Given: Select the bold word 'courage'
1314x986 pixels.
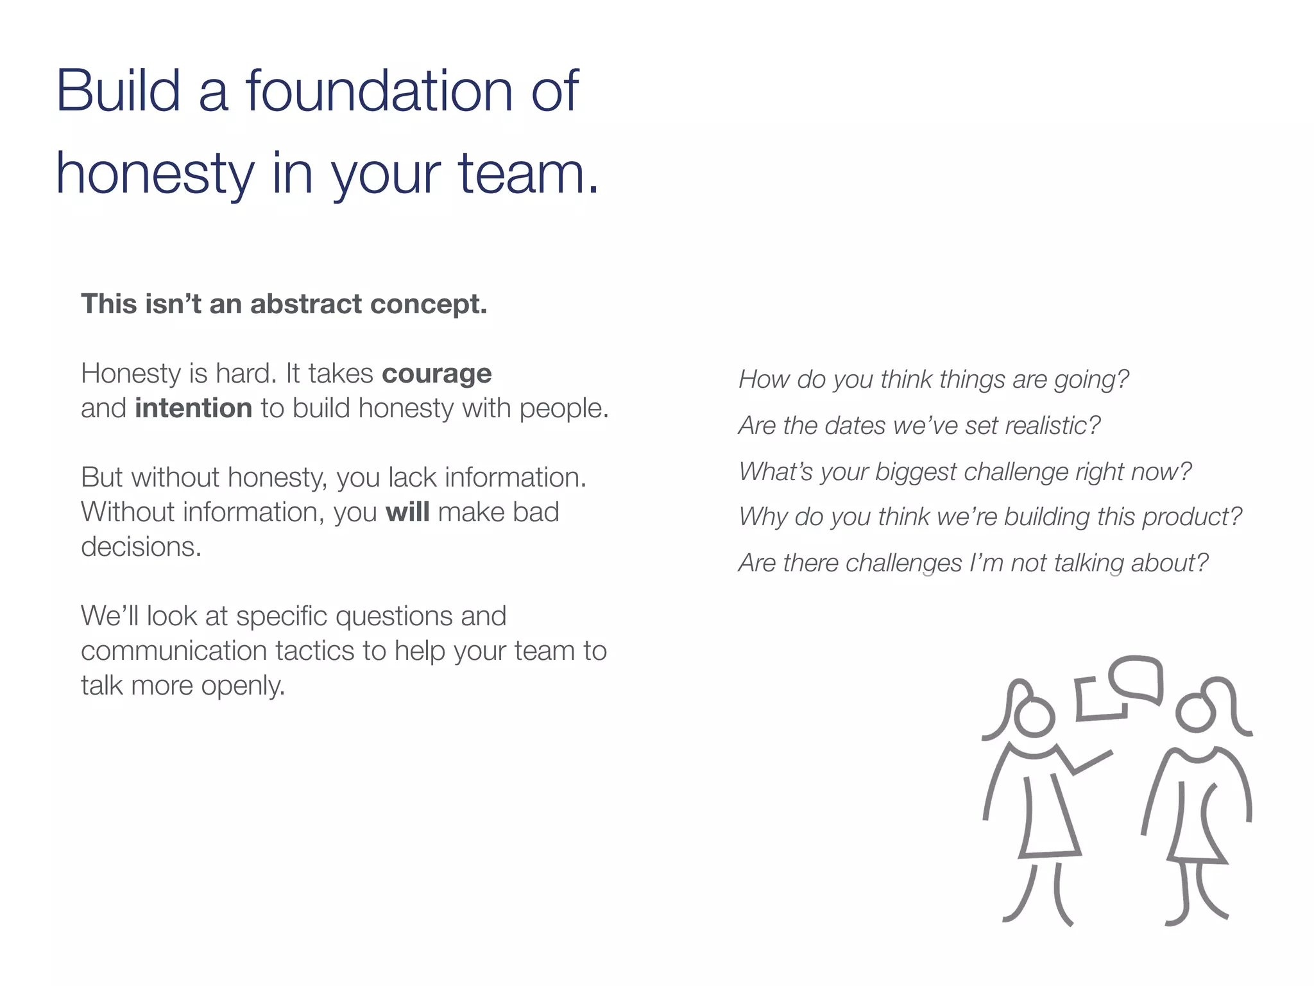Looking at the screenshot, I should (437, 374).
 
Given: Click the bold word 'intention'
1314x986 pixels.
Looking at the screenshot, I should (193, 408).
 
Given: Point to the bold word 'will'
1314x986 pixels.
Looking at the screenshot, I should (407, 512).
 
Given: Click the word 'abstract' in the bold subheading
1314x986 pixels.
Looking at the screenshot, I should (305, 304).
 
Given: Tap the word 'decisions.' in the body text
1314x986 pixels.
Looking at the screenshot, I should (141, 547).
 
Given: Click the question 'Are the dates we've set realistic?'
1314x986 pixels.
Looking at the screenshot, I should (919, 426).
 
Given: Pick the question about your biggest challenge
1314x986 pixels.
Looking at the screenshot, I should (965, 472).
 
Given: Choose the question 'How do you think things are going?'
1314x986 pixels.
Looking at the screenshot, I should (934, 379).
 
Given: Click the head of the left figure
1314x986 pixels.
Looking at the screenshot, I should (1034, 718).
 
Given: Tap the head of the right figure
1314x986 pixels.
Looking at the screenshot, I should (1196, 713).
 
